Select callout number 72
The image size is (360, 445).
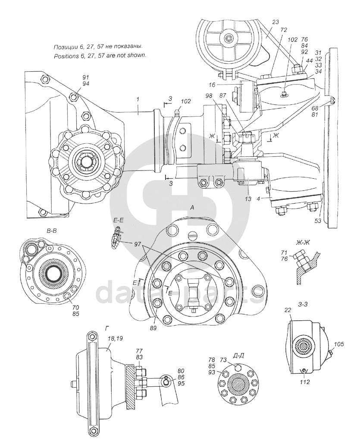[x=283, y=31]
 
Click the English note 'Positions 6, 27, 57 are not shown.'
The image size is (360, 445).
[x=100, y=56]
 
